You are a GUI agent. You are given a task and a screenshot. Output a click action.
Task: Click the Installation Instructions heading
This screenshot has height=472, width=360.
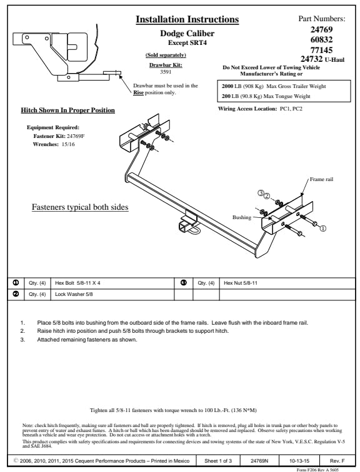tap(187, 19)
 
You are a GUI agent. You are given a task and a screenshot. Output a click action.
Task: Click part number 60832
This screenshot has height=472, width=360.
tap(321, 39)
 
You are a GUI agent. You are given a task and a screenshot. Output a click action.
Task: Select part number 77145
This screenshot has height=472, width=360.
tap(321, 50)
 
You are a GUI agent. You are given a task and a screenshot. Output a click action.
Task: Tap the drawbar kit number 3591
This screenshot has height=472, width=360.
tap(166, 72)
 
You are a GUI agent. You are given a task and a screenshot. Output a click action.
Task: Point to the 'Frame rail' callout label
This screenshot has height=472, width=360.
tap(321, 179)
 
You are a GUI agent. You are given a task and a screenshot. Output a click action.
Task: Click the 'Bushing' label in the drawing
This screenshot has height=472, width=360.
tap(242, 217)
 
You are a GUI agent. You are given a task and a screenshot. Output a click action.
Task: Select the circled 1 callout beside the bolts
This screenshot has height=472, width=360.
tap(322, 229)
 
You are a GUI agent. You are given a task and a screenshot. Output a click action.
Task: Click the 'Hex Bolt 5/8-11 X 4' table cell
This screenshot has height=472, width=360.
tap(112, 283)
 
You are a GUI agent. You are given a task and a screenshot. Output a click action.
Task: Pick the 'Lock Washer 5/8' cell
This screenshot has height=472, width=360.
tap(112, 295)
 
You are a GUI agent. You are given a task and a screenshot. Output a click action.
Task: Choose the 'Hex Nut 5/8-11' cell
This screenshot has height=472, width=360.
tap(287, 283)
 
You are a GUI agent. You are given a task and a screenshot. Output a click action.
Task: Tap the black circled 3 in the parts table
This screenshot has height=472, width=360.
tap(184, 283)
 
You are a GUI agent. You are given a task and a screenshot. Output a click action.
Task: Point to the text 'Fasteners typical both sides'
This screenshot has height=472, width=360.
tap(80, 207)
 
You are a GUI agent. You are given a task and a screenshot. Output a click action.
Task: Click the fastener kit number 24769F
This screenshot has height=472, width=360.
tap(76, 136)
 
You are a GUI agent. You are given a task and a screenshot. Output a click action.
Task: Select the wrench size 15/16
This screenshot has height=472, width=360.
tap(68, 144)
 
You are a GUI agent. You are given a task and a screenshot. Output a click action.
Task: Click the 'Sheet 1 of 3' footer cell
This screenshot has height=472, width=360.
tap(218, 461)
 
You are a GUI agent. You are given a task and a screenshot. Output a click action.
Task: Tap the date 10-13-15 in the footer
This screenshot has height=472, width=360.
tap(299, 461)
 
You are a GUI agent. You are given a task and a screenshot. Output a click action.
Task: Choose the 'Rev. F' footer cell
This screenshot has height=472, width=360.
tap(337, 461)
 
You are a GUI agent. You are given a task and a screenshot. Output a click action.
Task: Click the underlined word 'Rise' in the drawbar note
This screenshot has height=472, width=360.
tap(138, 92)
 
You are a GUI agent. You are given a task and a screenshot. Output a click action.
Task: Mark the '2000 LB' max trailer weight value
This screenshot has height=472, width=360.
tap(232, 86)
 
